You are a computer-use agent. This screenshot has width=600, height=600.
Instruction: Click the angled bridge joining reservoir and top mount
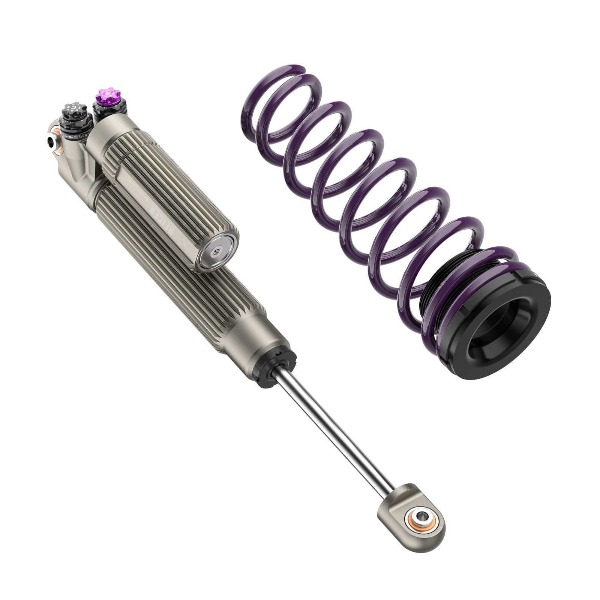click(x=81, y=165)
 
